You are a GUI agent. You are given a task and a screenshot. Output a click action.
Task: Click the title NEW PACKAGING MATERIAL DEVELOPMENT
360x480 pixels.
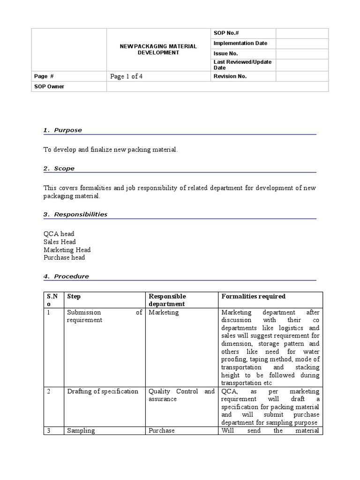pyautogui.click(x=158, y=50)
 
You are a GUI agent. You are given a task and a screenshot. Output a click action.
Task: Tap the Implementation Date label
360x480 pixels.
pyautogui.click(x=240, y=43)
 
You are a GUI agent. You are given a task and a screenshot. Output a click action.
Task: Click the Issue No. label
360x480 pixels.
pyautogui.click(x=225, y=53)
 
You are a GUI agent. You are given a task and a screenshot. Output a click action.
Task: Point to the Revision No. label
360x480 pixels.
pyautogui.click(x=230, y=76)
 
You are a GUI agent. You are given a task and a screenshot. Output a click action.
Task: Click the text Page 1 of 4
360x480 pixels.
pyautogui.click(x=126, y=76)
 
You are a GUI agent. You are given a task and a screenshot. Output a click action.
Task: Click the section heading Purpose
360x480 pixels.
pyautogui.click(x=67, y=130)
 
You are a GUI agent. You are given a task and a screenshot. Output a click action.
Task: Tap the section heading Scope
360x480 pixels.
pyautogui.click(x=64, y=168)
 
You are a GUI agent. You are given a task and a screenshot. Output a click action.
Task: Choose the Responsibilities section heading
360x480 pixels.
pyautogui.click(x=80, y=214)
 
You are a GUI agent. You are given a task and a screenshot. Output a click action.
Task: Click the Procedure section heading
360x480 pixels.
pyautogui.click(x=71, y=276)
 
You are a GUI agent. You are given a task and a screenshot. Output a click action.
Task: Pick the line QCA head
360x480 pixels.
pyautogui.click(x=59, y=233)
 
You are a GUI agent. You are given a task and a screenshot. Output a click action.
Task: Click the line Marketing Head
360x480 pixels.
pyautogui.click(x=67, y=250)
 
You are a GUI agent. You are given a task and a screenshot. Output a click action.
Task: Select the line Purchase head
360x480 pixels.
pyautogui.click(x=64, y=257)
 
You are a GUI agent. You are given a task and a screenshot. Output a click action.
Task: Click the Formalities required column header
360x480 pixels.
pyautogui.click(x=253, y=296)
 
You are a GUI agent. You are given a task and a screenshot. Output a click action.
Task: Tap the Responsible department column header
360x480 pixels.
pyautogui.click(x=167, y=300)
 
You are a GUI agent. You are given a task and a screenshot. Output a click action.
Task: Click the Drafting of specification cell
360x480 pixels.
pyautogui.click(x=103, y=391)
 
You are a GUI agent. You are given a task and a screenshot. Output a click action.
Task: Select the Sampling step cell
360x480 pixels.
pyautogui.click(x=81, y=430)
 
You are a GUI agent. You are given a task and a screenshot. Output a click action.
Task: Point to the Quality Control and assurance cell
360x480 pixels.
pyautogui.click(x=181, y=395)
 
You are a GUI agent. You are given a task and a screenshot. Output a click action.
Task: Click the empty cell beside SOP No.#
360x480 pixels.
pyautogui.click(x=302, y=33)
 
